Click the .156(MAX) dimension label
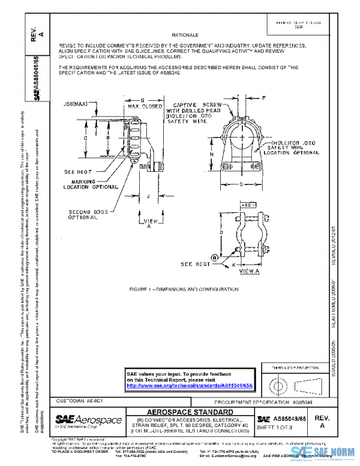click(74, 104)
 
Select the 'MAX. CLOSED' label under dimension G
click(139, 106)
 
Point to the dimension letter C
click(86, 138)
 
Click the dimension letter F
click(263, 97)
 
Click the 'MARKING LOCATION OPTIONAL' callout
click(91, 184)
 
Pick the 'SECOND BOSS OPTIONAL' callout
click(88, 215)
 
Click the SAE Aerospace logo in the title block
click(88, 420)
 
